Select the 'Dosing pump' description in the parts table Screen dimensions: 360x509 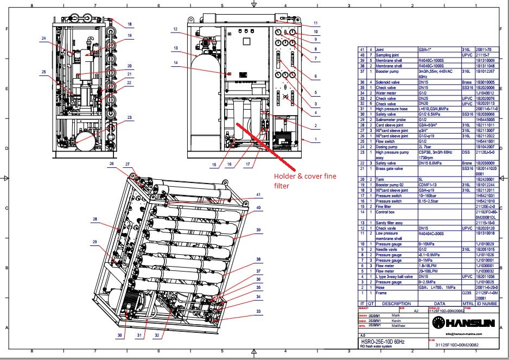387,146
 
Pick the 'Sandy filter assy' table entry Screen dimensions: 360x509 390,223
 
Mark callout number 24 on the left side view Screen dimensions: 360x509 43,39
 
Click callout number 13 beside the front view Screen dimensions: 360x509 176,48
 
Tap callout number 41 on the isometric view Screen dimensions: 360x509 259,194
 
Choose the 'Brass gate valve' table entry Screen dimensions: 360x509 390,169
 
